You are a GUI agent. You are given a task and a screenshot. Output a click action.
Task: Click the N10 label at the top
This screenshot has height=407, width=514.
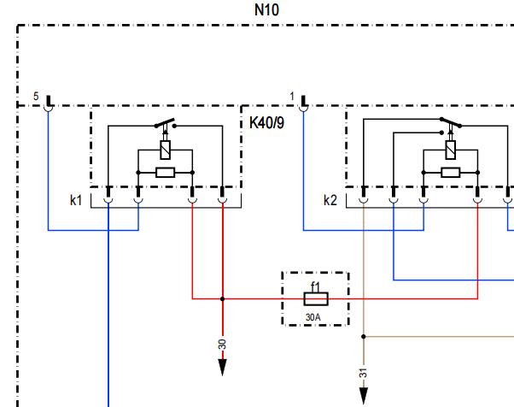[267, 10]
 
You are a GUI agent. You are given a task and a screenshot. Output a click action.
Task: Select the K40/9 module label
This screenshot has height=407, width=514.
[267, 123]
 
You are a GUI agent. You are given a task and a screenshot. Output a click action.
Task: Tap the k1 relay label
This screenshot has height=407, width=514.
[76, 200]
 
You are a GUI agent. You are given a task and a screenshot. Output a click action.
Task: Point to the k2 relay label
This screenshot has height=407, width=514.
[330, 200]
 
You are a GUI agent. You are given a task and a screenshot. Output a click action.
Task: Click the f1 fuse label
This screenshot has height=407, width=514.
[315, 287]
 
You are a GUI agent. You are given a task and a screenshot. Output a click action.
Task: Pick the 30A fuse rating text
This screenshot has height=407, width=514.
[313, 317]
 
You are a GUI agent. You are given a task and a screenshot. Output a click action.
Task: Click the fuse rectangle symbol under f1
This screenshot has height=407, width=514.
[316, 299]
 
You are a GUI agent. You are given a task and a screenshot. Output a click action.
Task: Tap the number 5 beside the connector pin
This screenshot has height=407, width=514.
[36, 97]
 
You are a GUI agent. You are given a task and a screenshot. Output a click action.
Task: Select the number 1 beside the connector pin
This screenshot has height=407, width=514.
[292, 97]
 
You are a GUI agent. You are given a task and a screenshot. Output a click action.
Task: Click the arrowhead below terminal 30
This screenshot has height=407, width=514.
[223, 368]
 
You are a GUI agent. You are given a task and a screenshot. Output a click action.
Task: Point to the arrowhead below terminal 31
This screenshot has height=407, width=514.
[364, 396]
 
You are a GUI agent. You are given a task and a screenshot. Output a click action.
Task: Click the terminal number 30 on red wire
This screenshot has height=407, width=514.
[222, 345]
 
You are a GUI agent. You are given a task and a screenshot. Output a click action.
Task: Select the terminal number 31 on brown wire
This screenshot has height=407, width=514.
[363, 373]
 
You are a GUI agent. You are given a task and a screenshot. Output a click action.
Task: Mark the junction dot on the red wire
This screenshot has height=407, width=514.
[223, 299]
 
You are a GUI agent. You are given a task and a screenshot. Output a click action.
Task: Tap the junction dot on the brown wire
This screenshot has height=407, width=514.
[364, 336]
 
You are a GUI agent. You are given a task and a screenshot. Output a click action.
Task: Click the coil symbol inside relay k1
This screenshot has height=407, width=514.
[166, 150]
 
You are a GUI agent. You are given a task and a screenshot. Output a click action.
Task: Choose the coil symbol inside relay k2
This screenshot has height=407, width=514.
[451, 150]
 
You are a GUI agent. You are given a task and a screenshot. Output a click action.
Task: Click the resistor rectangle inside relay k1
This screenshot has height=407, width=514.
[166, 173]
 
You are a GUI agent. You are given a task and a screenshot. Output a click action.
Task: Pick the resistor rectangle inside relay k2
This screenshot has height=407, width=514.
[451, 173]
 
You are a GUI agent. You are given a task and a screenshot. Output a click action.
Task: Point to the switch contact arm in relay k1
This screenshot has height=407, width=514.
[165, 123]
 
